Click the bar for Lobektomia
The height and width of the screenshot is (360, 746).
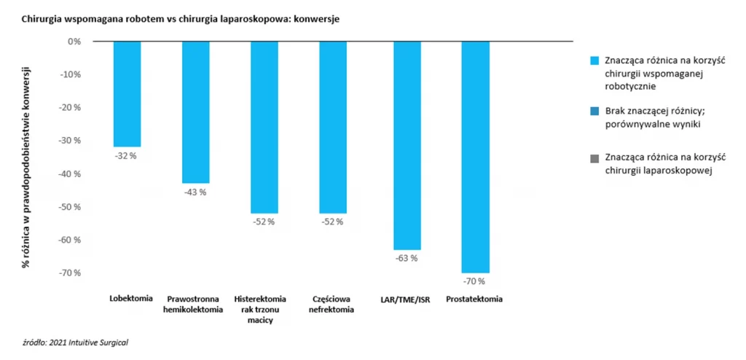click(127, 94)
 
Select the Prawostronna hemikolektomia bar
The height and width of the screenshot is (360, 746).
click(196, 112)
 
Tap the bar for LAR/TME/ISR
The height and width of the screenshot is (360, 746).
click(407, 146)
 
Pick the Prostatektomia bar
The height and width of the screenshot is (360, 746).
click(476, 157)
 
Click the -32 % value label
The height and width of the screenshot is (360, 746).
click(126, 156)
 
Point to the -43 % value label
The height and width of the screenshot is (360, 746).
click(195, 192)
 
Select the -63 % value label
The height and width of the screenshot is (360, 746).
click(407, 258)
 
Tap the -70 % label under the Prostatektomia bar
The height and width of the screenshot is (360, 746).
click(475, 281)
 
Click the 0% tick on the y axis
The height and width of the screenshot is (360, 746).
click(74, 42)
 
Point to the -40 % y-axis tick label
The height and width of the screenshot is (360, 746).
click(71, 173)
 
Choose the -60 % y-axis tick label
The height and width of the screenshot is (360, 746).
click(71, 240)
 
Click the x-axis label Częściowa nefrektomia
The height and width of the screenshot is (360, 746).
click(333, 304)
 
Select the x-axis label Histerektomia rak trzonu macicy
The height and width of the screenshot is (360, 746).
click(264, 310)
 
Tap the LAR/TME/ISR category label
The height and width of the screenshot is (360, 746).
click(405, 299)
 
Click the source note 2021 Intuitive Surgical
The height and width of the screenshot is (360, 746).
click(79, 341)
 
